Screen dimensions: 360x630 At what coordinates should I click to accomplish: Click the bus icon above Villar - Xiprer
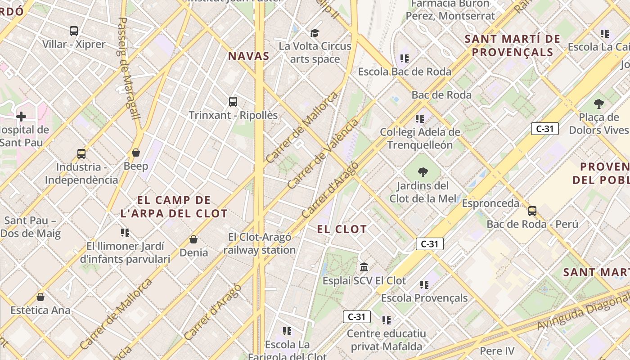pyautogui.click(x=74, y=31)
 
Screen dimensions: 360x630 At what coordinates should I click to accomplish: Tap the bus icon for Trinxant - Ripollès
pyautogui.click(x=233, y=102)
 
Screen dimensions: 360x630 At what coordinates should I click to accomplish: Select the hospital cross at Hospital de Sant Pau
pyautogui.click(x=21, y=117)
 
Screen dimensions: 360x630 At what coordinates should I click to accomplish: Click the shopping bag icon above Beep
pyautogui.click(x=136, y=153)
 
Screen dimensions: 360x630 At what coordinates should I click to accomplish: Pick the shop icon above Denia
pyautogui.click(x=193, y=239)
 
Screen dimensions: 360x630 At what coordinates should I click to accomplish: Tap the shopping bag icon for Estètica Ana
pyautogui.click(x=40, y=297)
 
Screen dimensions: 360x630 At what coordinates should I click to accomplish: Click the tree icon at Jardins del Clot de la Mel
pyautogui.click(x=423, y=172)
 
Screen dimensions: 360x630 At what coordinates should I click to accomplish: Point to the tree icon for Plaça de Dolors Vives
pyautogui.click(x=598, y=104)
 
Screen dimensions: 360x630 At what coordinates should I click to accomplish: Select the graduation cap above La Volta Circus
pyautogui.click(x=315, y=33)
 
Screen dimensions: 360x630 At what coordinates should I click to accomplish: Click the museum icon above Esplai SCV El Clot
pyautogui.click(x=364, y=267)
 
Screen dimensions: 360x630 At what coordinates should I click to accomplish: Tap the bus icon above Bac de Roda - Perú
pyautogui.click(x=532, y=211)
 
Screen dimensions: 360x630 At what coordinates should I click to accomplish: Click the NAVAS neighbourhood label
pyautogui.click(x=248, y=56)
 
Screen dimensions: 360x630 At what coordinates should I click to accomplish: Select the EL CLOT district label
pyautogui.click(x=342, y=229)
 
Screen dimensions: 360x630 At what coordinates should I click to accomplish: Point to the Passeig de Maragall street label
pyautogui.click(x=129, y=67)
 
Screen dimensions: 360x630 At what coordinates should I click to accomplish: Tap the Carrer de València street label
pyautogui.click(x=323, y=153)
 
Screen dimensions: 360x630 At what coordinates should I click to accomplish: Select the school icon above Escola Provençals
pyautogui.click(x=424, y=284)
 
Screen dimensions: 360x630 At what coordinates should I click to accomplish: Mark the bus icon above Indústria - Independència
pyautogui.click(x=81, y=153)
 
